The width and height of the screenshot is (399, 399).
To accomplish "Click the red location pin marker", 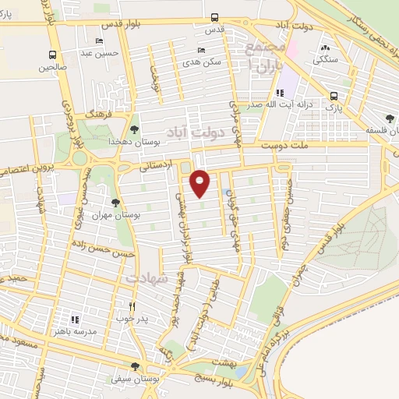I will pos(200,182).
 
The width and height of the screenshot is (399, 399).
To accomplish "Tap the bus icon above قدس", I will pos(214,18).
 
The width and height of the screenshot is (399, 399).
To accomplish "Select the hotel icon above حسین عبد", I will pos(99,41).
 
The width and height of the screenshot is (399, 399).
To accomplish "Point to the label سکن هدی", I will pos(207,61).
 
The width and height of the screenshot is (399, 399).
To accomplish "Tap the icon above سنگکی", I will pos(323,48).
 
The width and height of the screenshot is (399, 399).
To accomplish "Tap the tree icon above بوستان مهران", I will pos(116,203).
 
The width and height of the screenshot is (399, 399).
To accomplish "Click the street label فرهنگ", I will pos(99,114).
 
